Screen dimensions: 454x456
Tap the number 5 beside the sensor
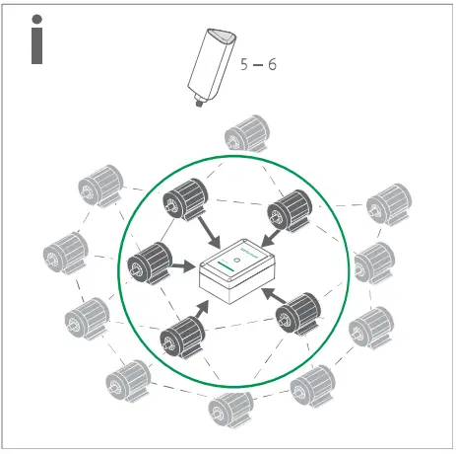(245, 64)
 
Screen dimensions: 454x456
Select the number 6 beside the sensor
(272, 64)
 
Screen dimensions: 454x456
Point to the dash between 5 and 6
(258, 65)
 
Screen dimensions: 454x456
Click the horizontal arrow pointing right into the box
(184, 267)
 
